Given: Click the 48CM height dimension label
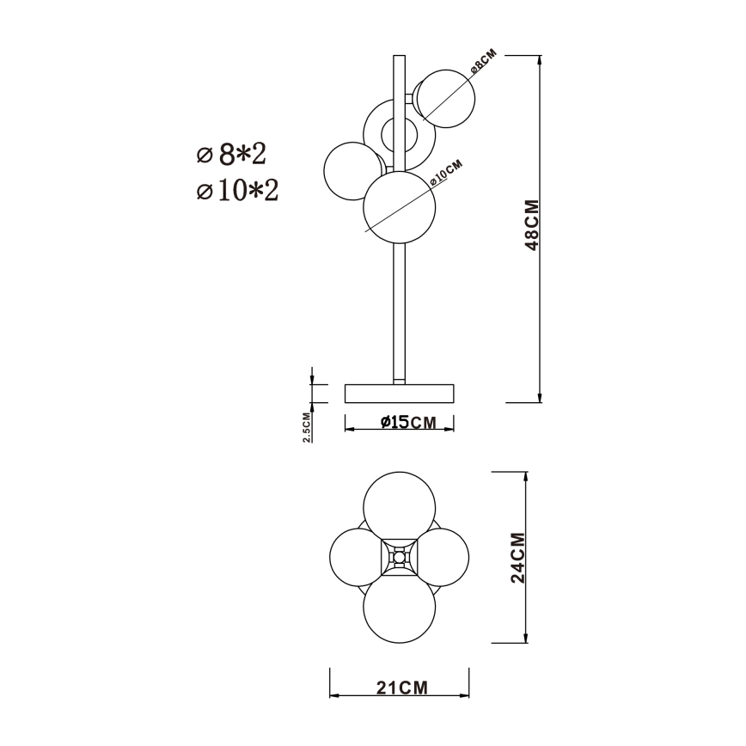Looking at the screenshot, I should [532, 226].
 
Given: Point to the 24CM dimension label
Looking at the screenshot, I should [517, 557].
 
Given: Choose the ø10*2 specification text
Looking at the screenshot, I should [238, 191].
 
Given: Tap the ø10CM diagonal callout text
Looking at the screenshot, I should [446, 172].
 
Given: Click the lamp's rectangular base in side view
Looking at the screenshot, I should [399, 394].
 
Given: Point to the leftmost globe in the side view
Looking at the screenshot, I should [351, 171].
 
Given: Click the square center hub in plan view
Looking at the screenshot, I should [399, 558].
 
